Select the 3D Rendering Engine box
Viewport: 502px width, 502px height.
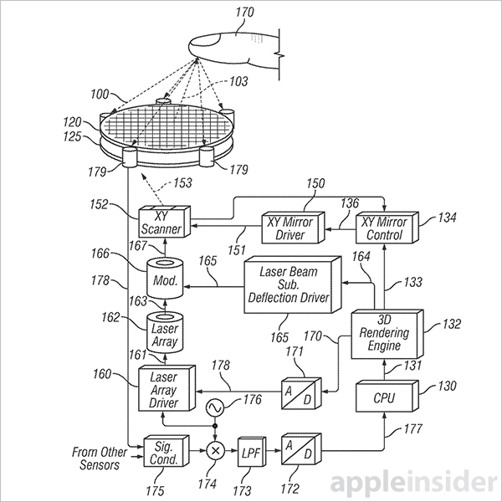click(x=380, y=334)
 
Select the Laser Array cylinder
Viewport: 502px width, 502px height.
click(x=165, y=335)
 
